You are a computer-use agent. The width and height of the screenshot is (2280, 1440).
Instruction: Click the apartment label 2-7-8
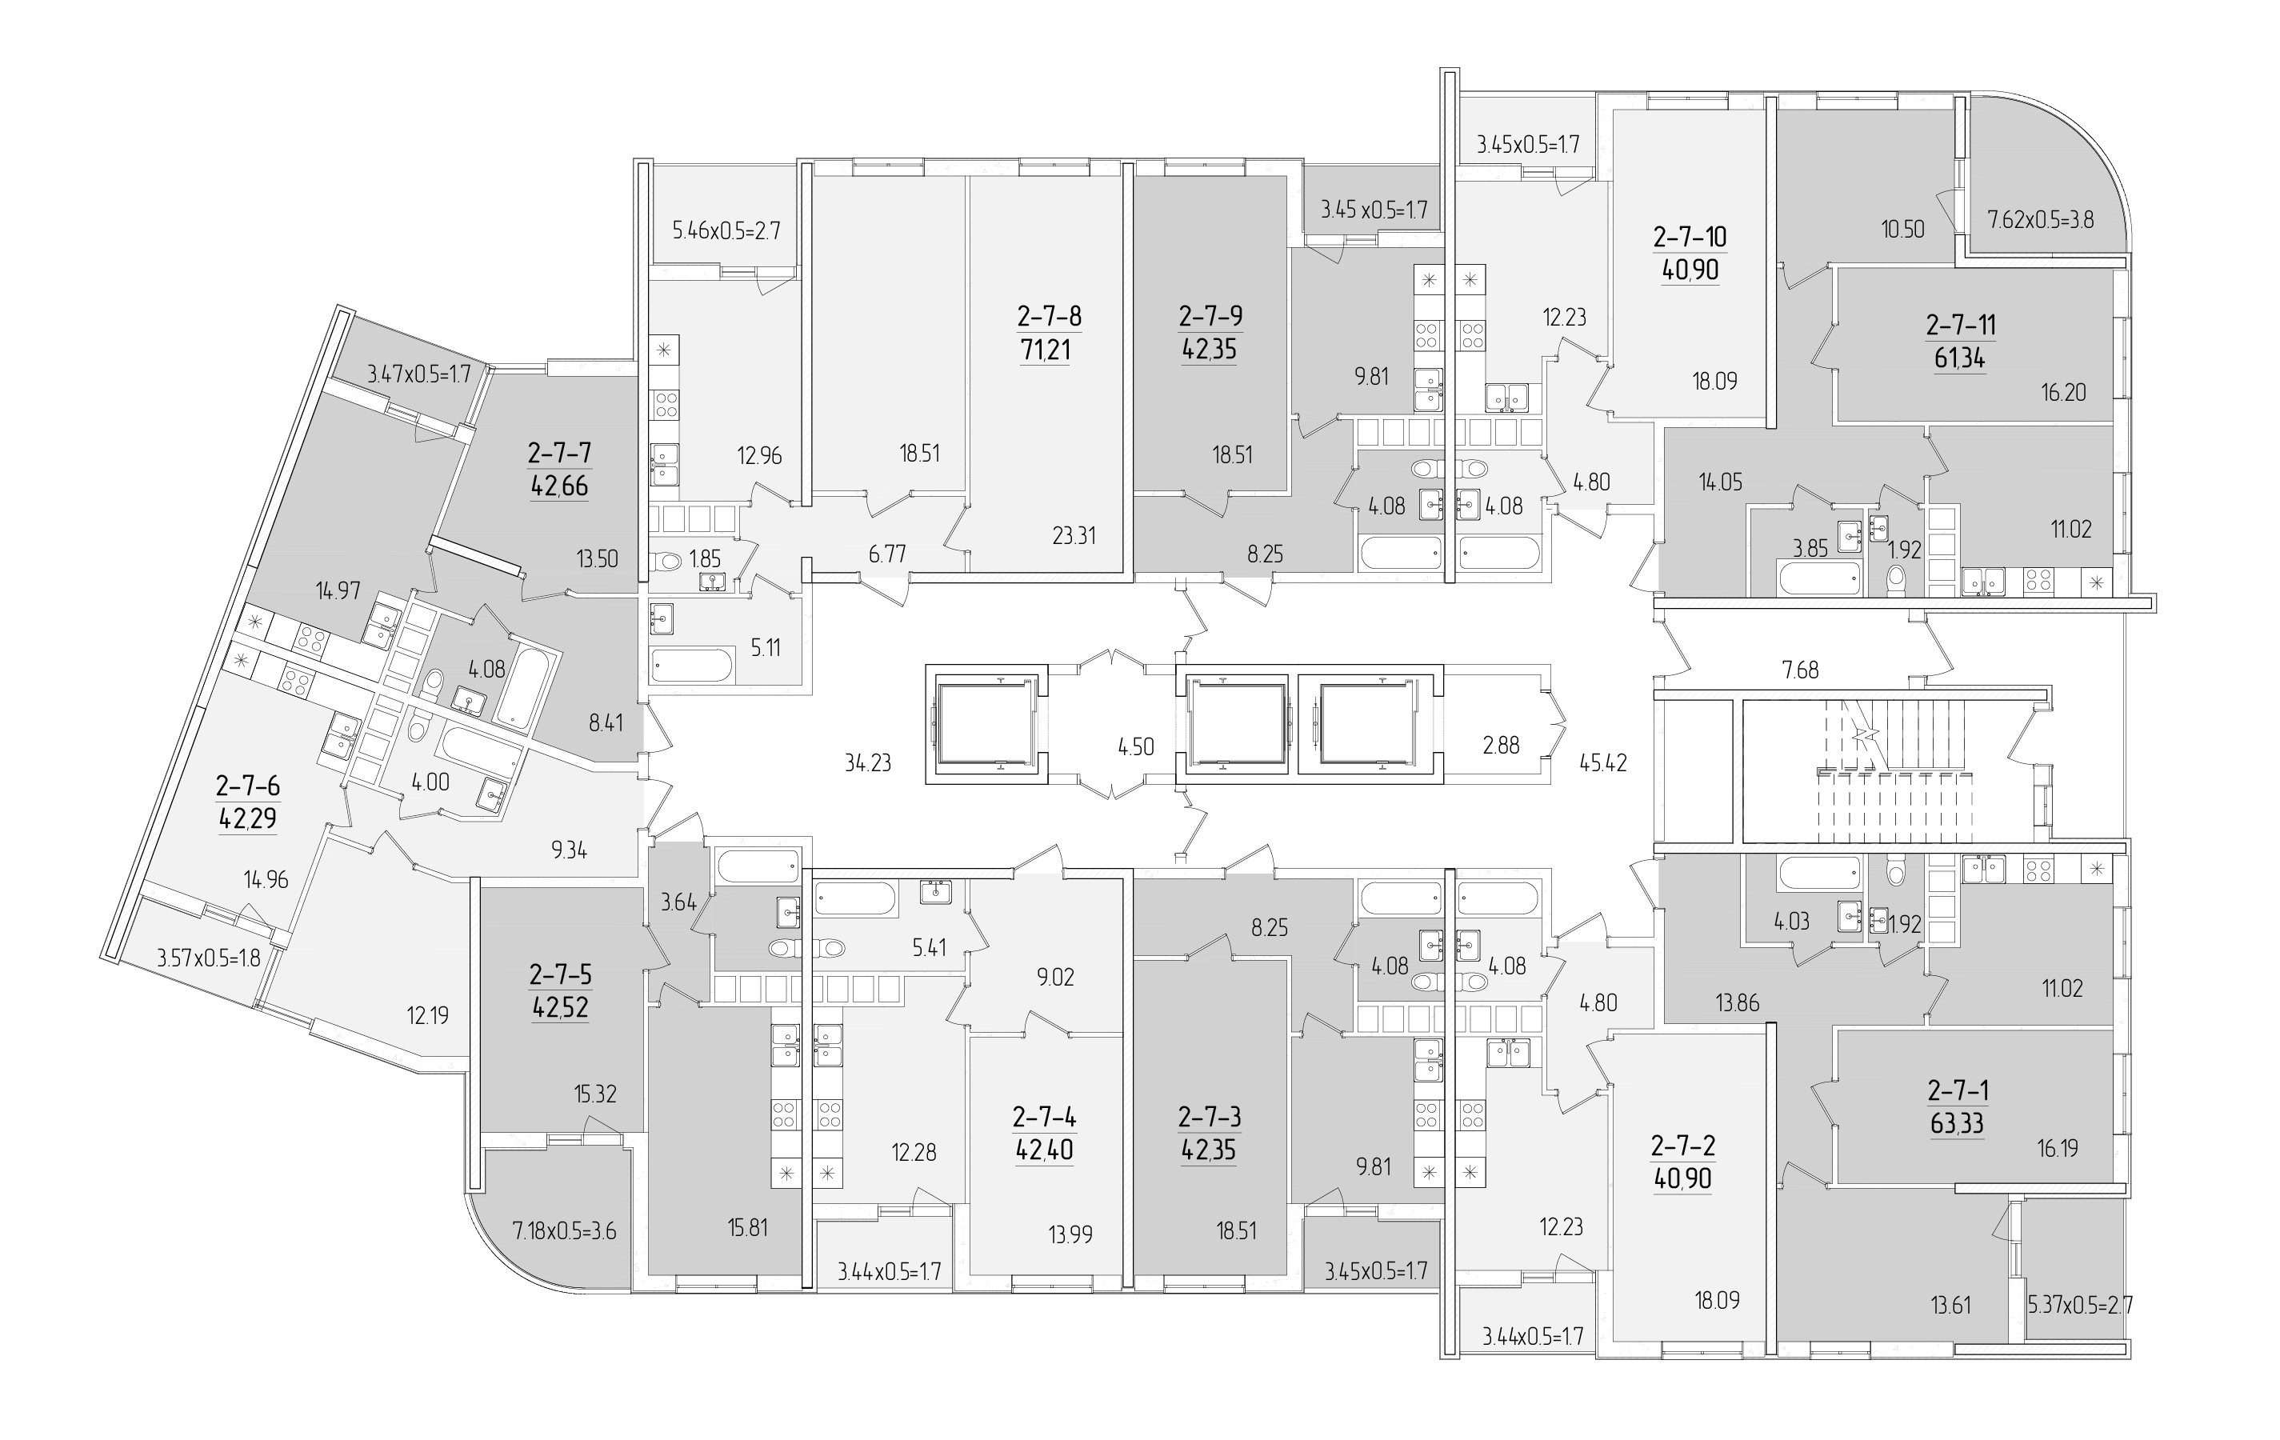(1049, 315)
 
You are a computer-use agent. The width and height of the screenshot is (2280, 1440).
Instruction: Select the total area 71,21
(1046, 350)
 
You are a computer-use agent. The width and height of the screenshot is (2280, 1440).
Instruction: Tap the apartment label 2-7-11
(1961, 325)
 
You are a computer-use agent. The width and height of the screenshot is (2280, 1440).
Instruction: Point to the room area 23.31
(1074, 536)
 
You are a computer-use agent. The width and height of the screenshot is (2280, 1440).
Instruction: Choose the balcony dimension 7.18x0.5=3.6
(564, 1230)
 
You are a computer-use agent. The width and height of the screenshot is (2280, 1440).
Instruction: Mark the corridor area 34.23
(868, 762)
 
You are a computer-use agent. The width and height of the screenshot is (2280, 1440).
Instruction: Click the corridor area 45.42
(1603, 762)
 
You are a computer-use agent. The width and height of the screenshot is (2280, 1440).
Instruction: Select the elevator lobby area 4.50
(1135, 747)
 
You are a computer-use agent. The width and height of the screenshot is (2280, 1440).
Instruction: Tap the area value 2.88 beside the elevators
(1501, 745)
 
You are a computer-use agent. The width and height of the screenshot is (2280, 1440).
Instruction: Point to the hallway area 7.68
(1800, 670)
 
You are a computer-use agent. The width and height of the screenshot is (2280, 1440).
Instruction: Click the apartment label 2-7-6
(248, 786)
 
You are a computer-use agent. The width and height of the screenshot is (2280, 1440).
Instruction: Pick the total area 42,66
(559, 486)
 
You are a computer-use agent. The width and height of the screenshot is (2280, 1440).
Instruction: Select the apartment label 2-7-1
(1958, 1090)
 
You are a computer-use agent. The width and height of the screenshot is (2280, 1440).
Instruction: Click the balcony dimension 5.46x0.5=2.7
(726, 230)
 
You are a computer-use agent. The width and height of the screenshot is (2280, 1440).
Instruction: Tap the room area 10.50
(1902, 228)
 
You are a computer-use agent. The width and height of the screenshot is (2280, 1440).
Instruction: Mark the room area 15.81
(747, 1228)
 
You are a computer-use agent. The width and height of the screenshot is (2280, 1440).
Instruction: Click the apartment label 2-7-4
(1044, 1117)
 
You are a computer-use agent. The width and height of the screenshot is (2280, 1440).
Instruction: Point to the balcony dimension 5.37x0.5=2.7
(2080, 1306)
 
